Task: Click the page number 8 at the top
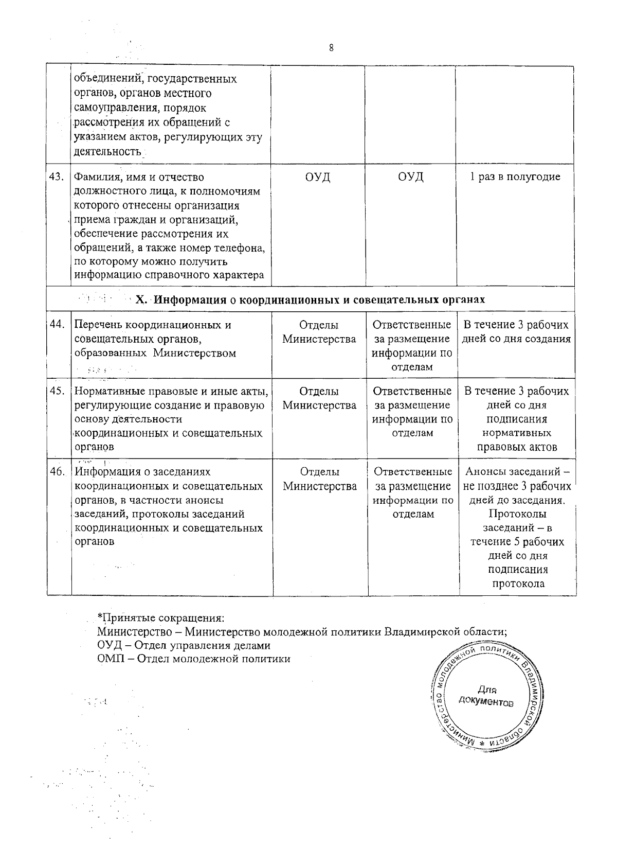pos(331,48)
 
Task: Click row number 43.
pos(56,177)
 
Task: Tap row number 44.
pos(56,325)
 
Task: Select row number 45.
pos(56,391)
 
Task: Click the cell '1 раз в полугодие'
pos(515,177)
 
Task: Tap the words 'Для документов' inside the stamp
pos(486,695)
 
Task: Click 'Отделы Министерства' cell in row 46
pos(320,479)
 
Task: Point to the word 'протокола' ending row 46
pos(518,584)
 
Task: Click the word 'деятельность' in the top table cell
pos(107,152)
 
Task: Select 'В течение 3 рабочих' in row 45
pos(517,391)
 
